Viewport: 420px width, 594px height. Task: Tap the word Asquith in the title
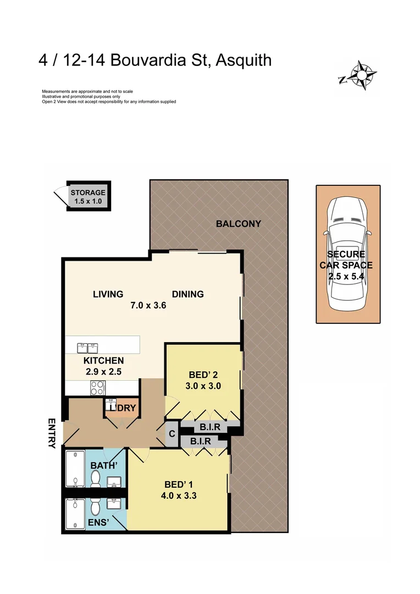(x=244, y=59)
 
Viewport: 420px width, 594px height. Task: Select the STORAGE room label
(x=88, y=193)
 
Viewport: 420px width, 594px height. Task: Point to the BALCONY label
(x=238, y=224)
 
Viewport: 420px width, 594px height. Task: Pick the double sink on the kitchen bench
(x=86, y=348)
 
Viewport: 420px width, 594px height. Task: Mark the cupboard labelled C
(x=172, y=433)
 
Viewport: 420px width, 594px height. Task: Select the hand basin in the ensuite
(x=114, y=504)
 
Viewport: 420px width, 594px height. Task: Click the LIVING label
(x=108, y=294)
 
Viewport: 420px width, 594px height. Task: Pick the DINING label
(x=187, y=294)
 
